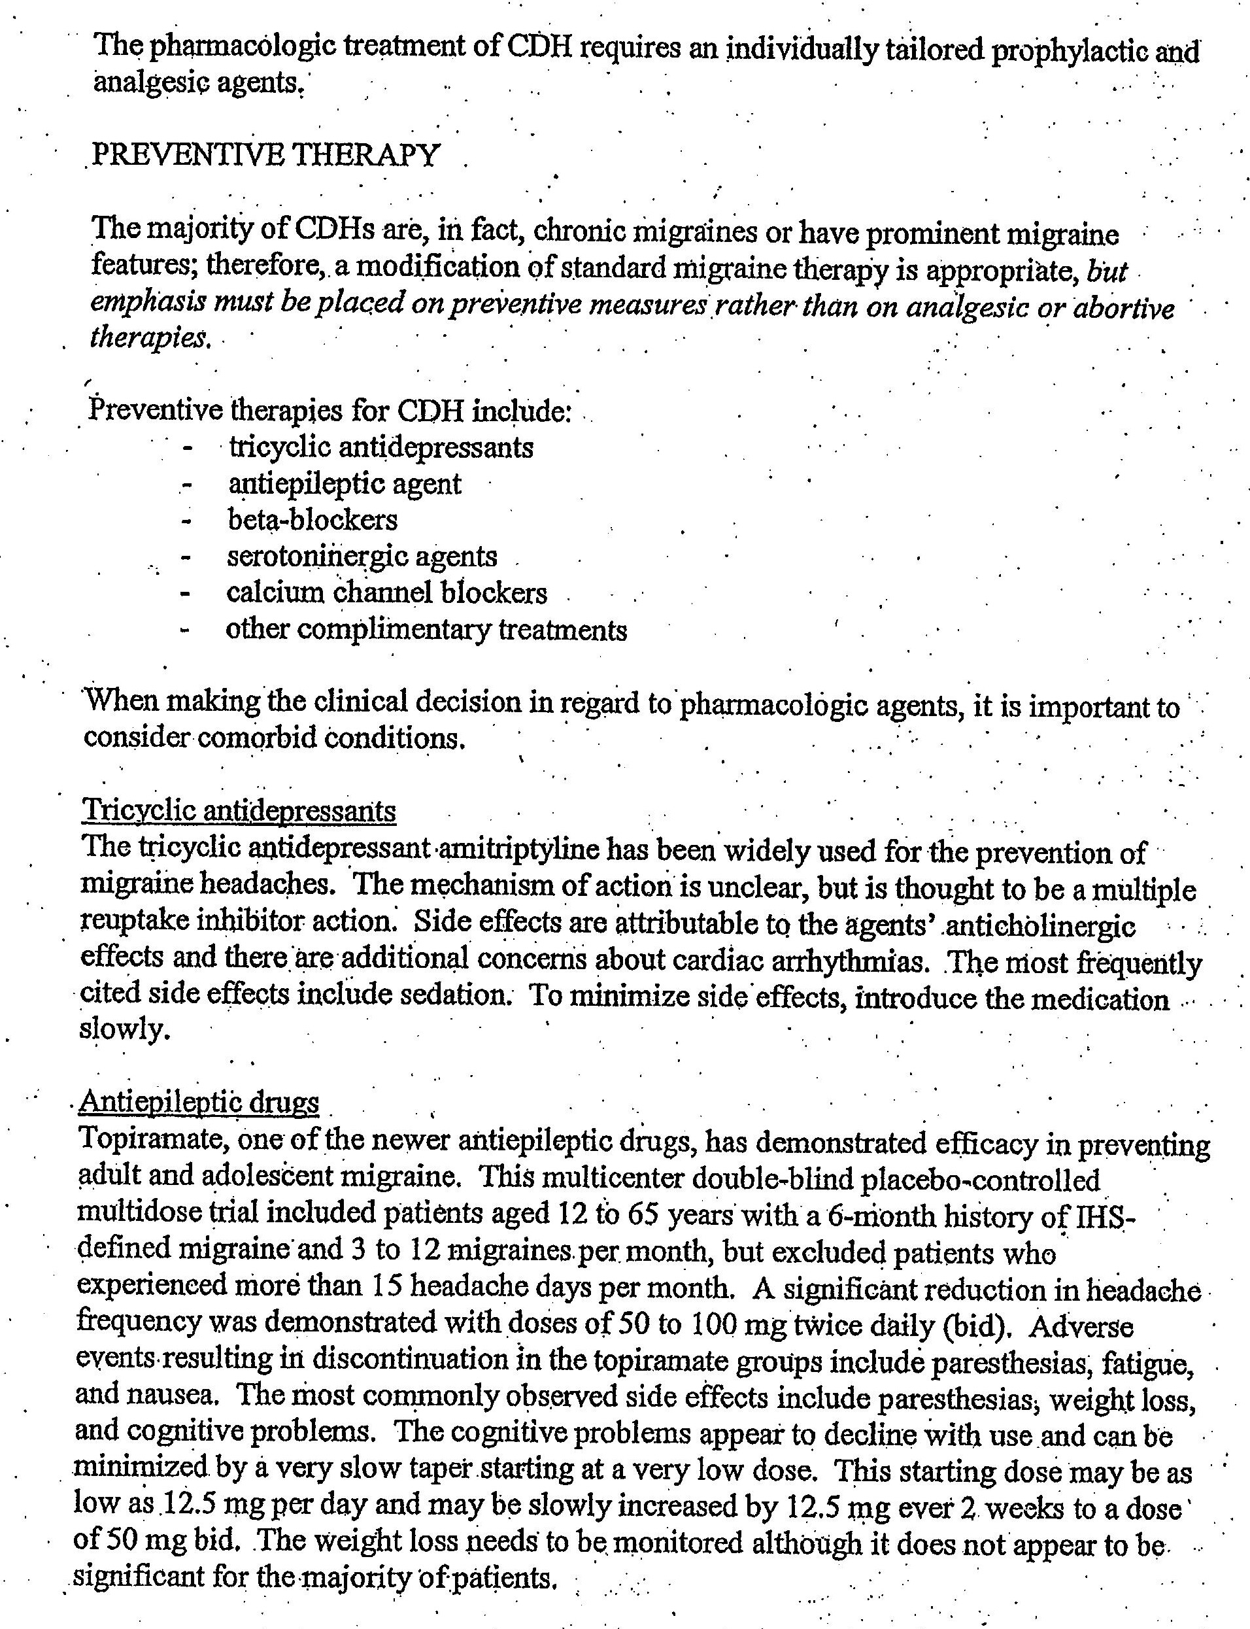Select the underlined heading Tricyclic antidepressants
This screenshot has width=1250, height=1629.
pyautogui.click(x=239, y=810)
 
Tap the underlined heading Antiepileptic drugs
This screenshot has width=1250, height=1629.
pyautogui.click(x=199, y=1102)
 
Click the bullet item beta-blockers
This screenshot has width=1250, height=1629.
pyautogui.click(x=312, y=519)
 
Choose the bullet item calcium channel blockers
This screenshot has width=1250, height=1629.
pyautogui.click(x=387, y=592)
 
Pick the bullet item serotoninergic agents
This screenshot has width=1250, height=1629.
pyautogui.click(x=362, y=556)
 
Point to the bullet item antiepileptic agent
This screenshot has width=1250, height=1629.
pyautogui.click(x=345, y=484)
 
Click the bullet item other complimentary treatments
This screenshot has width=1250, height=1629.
pyautogui.click(x=426, y=630)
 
